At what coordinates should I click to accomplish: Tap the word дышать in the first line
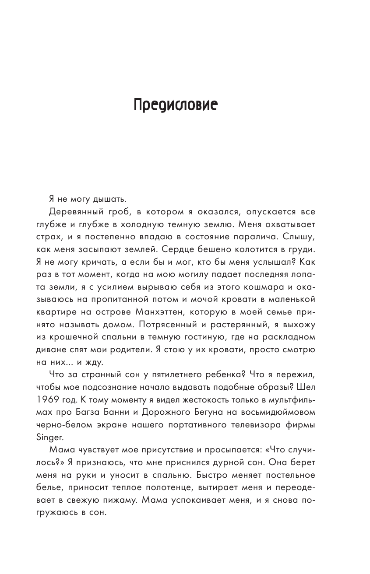point(99,200)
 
